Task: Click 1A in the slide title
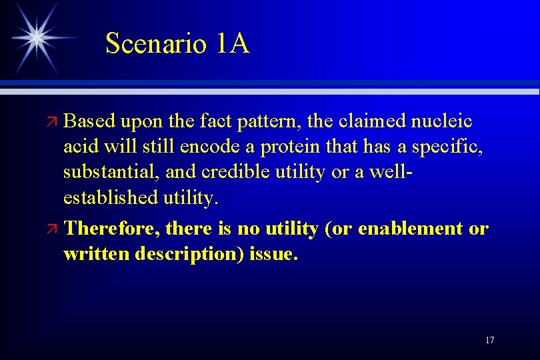[x=233, y=44]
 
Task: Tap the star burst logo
[x=37, y=37]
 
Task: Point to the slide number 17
[x=490, y=341]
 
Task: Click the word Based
[x=90, y=121]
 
